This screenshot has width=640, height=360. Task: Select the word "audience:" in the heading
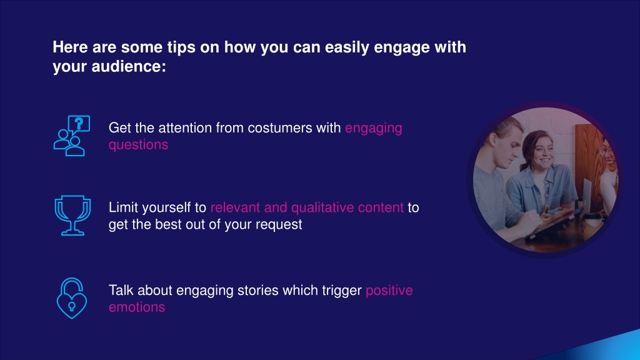tap(129, 66)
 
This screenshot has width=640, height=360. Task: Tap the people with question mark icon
tap(72, 136)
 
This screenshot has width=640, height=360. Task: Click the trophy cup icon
tap(72, 215)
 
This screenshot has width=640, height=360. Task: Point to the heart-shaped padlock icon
tap(71, 298)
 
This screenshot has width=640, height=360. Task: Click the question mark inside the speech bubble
tap(79, 123)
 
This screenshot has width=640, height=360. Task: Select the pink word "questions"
tap(138, 145)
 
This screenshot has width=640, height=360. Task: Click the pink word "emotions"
tap(137, 307)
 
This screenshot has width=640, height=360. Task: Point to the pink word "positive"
tap(389, 291)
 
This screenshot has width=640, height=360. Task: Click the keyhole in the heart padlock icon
tap(71, 306)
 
